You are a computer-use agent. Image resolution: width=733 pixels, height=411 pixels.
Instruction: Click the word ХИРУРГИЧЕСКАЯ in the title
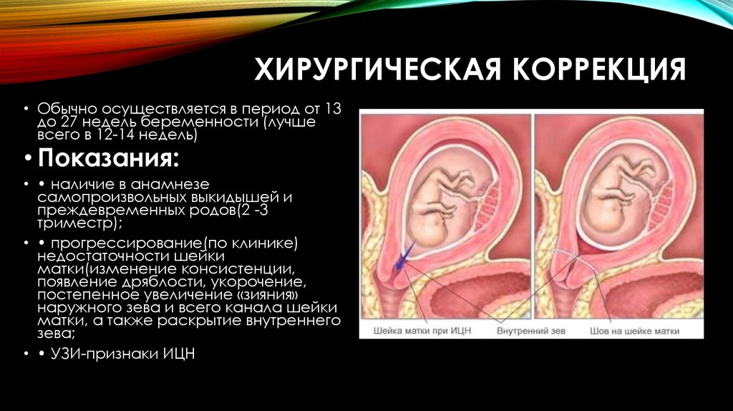(378, 69)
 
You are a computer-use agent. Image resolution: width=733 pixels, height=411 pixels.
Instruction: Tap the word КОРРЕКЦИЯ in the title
(599, 69)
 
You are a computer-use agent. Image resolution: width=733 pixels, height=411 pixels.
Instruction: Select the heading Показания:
(108, 158)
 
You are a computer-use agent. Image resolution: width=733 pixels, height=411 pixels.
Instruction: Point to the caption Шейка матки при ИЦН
(422, 331)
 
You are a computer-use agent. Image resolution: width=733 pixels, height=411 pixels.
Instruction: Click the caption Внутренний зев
(531, 331)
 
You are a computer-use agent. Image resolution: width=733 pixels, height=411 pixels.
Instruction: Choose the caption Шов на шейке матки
(634, 331)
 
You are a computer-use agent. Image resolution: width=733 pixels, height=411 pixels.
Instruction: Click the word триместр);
(80, 223)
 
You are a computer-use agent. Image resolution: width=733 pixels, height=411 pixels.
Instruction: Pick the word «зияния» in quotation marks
(268, 296)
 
